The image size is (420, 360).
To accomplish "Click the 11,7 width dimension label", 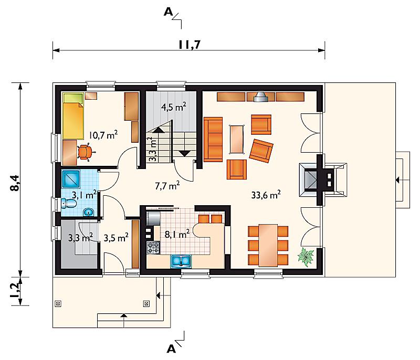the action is [190, 45].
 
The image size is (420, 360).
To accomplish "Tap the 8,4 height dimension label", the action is [15, 183].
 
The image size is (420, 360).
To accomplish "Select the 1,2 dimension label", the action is [15, 290].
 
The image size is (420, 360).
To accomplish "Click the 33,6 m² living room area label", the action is [266, 195].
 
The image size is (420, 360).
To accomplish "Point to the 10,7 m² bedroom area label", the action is [103, 135].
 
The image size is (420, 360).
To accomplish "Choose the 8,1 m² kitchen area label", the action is [177, 234].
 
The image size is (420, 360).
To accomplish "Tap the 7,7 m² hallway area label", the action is [167, 185].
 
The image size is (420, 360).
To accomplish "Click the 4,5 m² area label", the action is [174, 107].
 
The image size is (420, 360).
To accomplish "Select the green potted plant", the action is [306, 257].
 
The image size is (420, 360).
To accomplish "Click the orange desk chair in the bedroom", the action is [85, 152].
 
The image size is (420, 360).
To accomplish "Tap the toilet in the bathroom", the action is [69, 204].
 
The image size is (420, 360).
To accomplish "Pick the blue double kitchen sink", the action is [181, 261].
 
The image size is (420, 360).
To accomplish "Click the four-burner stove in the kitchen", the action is [153, 247].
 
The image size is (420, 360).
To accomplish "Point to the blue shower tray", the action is [71, 179].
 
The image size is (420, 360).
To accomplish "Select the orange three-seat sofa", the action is [213, 140].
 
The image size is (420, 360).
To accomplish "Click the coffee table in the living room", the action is [237, 140].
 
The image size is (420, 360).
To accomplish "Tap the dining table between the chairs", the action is [268, 246].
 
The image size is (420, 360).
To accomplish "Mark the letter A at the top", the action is [168, 12].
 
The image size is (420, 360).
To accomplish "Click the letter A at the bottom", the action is [171, 348].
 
